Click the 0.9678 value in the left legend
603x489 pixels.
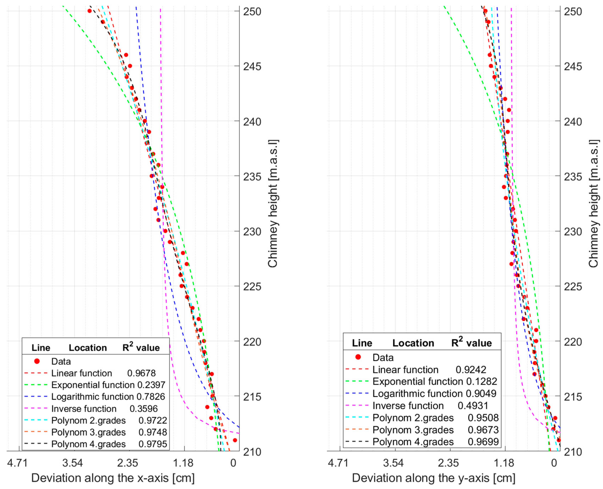(x=141, y=373)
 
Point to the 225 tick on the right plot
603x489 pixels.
(x=572, y=287)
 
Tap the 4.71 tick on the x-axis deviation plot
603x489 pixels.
(x=17, y=463)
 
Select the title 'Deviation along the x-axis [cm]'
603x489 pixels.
(x=113, y=478)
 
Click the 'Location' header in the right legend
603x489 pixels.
(x=413, y=343)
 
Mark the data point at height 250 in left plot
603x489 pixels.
(x=90, y=11)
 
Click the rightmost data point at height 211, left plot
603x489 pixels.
(x=235, y=440)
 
